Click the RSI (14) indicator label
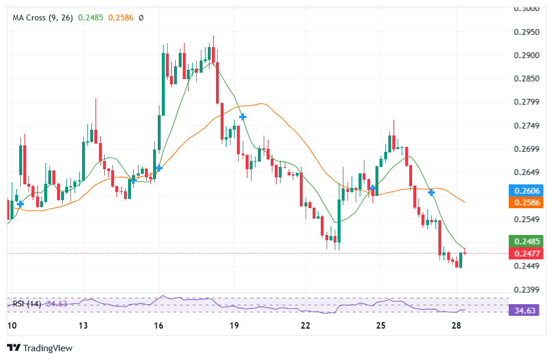[x=27, y=304]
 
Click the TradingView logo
[x=40, y=348]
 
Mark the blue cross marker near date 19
[x=243, y=117]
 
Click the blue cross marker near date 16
[x=159, y=167]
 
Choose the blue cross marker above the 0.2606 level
[x=431, y=192]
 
